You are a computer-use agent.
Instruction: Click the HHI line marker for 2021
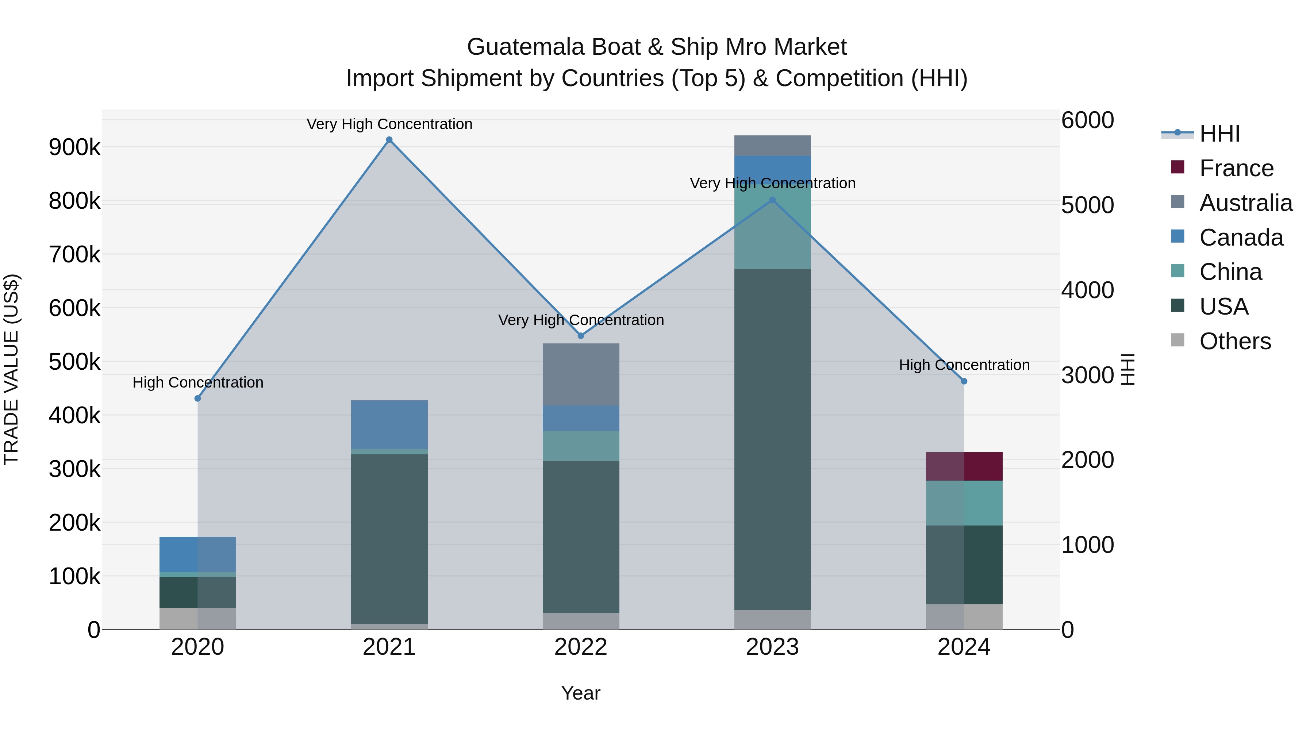[389, 140]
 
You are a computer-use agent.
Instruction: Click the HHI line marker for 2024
[964, 381]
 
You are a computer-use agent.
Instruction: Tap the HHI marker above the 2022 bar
[580, 336]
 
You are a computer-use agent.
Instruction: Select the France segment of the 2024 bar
[964, 466]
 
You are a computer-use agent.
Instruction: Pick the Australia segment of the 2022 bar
[580, 374]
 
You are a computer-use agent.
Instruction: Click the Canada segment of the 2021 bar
[389, 424]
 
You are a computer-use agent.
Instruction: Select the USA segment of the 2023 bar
[772, 439]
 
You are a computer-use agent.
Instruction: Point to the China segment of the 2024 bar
[964, 503]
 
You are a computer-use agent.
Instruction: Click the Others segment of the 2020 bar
[198, 618]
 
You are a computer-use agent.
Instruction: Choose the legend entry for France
[1236, 168]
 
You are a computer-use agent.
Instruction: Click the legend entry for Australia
[1245, 203]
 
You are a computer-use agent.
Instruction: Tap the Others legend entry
[1234, 341]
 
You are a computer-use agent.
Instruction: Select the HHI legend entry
[1219, 134]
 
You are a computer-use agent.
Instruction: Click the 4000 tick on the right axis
[1088, 290]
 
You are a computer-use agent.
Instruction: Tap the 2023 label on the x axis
[772, 647]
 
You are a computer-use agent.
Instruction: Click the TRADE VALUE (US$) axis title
[11, 369]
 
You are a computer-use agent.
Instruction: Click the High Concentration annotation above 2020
[198, 382]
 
